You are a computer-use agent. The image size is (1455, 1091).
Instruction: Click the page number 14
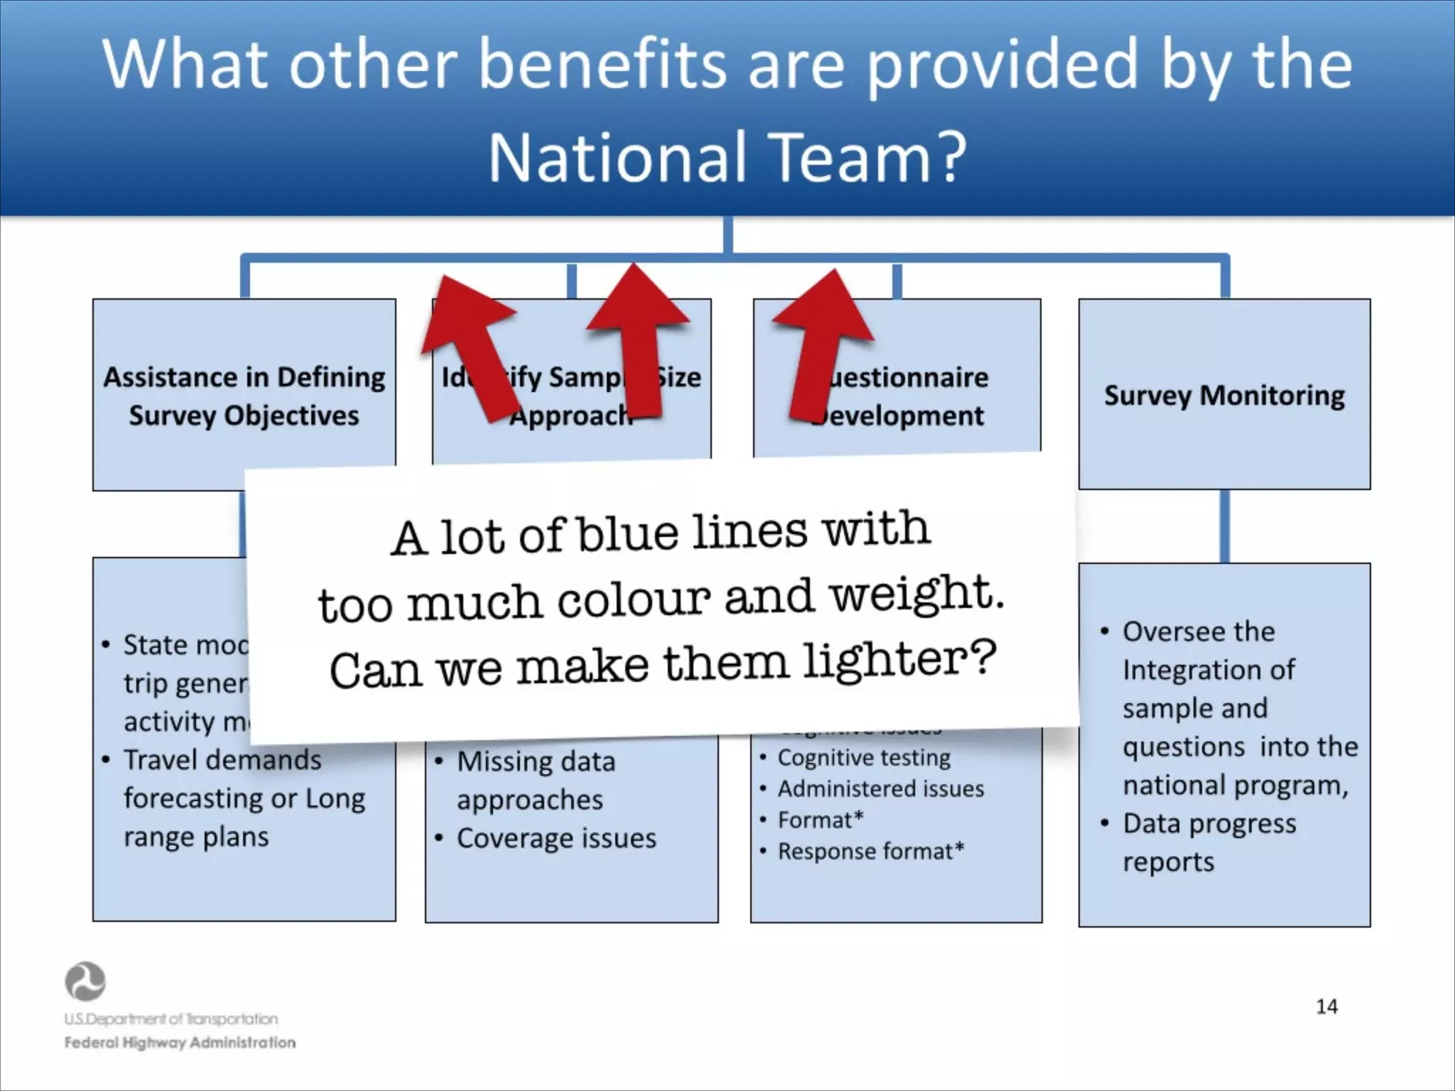click(x=1326, y=1006)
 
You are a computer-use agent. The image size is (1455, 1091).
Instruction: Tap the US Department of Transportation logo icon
click(x=85, y=982)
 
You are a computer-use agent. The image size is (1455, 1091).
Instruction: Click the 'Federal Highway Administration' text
click(x=180, y=1043)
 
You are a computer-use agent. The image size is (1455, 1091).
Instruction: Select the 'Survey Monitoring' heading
click(x=1224, y=395)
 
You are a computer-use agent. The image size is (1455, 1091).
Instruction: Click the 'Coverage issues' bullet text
click(x=556, y=838)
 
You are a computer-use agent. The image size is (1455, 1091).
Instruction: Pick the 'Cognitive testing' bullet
click(x=864, y=757)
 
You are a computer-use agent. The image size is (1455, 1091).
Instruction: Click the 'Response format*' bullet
click(x=871, y=851)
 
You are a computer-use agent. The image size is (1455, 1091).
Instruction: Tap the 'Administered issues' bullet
click(x=881, y=788)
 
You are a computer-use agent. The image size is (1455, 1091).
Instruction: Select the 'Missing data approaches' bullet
click(x=536, y=780)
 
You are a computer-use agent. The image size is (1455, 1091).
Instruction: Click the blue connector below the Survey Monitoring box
click(x=1224, y=526)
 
